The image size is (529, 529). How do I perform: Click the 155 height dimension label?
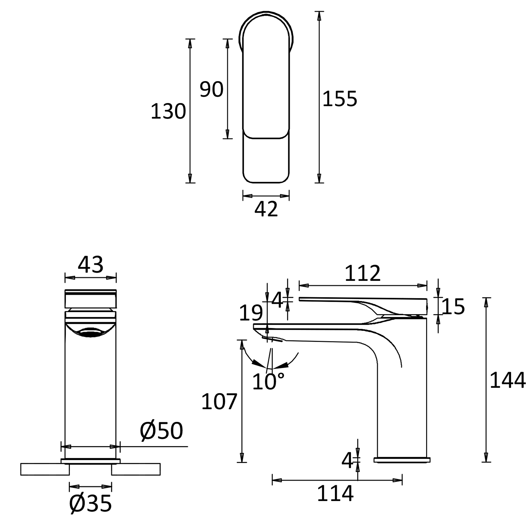(340, 99)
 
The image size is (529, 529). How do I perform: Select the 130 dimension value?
(168, 111)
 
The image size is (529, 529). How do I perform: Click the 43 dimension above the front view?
(90, 265)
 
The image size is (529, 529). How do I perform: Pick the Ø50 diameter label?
(161, 431)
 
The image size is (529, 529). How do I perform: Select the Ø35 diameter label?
(90, 504)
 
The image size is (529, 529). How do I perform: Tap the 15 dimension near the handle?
(453, 307)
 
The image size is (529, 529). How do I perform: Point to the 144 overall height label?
(507, 380)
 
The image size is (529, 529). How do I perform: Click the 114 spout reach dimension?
(335, 494)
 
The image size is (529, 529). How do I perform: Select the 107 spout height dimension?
(219, 402)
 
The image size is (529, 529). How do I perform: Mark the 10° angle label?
(268, 382)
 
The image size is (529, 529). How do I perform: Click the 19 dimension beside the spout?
(250, 313)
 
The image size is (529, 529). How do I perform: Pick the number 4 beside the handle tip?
(277, 300)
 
